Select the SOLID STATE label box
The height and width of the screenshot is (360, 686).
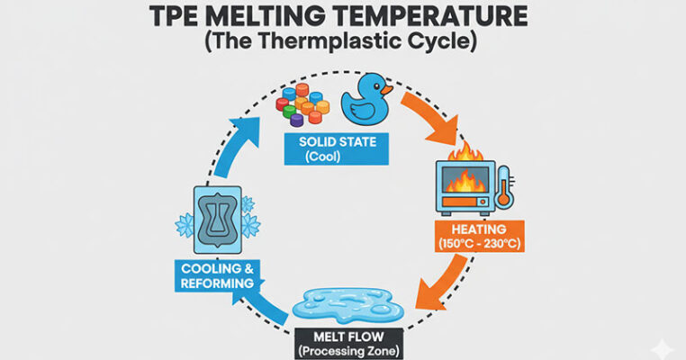[338, 148]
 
